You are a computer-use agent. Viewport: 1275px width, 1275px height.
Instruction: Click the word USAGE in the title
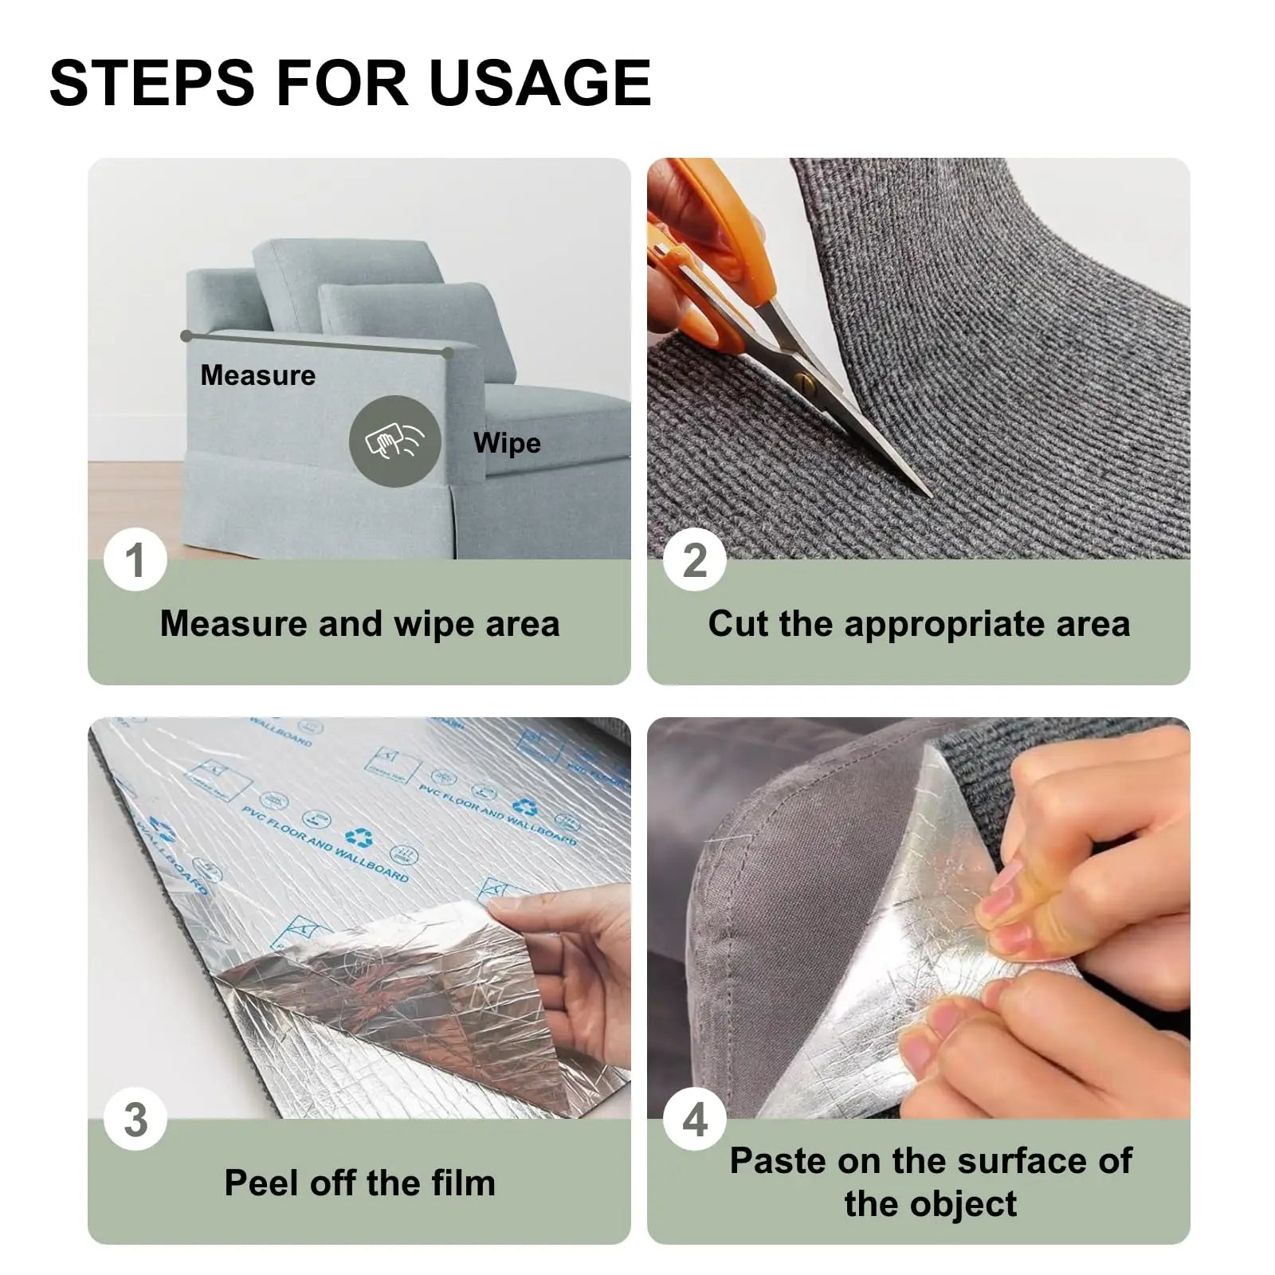point(540,82)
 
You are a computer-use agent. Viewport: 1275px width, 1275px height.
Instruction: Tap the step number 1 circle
point(135,560)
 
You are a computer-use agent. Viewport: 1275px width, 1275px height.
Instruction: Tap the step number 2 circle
point(695,560)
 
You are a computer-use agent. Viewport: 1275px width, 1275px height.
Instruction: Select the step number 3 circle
point(135,1120)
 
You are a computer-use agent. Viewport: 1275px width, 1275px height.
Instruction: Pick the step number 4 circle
point(695,1120)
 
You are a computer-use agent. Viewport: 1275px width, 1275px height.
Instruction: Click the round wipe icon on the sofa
point(394,441)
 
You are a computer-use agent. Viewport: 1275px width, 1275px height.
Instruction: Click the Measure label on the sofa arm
point(257,375)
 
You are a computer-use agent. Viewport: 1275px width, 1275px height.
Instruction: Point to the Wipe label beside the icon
point(507,443)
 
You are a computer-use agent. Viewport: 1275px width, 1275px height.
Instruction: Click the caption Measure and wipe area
point(359,623)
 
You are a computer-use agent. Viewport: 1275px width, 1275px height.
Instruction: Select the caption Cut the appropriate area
point(918,623)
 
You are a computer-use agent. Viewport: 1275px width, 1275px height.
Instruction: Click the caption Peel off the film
point(359,1183)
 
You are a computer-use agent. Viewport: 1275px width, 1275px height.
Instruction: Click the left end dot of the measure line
point(186,336)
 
